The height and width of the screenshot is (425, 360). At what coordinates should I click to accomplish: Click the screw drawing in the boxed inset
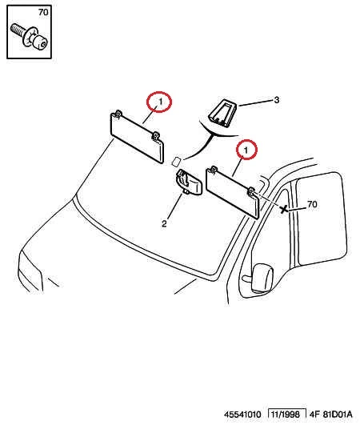point(30,37)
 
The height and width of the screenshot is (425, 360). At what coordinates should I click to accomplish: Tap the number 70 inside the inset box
point(43,12)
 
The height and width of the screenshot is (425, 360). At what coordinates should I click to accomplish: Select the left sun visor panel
point(137,138)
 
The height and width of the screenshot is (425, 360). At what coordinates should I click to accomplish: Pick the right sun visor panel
point(233,191)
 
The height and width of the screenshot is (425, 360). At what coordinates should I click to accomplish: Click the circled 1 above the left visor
point(159,102)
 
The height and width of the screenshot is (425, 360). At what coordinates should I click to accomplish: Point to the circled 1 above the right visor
point(246,150)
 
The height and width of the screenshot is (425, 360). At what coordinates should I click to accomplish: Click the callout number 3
point(276,100)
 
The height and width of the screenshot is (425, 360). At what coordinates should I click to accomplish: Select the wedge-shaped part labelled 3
point(222,113)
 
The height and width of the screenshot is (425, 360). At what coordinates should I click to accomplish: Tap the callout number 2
point(164,224)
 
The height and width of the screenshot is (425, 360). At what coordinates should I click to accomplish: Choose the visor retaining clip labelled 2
point(189,182)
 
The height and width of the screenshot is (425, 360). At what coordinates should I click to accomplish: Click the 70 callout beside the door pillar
point(312,204)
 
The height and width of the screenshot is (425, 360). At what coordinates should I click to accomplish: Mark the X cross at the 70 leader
point(284,209)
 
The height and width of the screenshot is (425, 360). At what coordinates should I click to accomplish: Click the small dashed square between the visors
point(176,161)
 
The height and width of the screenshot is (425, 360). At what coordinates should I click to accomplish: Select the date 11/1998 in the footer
point(286,415)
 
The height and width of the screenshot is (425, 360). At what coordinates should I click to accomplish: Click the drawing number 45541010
point(242,415)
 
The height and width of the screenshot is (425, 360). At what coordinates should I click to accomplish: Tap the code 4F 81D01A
point(331,415)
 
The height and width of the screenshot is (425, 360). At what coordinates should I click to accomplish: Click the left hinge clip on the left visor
point(118,114)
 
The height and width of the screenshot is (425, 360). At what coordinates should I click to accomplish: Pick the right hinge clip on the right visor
point(251,191)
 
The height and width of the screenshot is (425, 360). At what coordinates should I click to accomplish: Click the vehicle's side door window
point(322,219)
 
